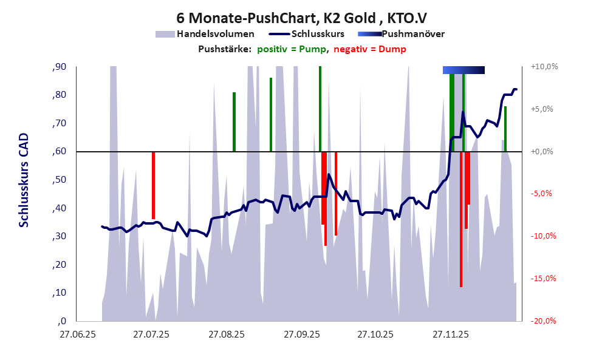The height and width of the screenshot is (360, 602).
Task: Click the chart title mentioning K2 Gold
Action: point(300,18)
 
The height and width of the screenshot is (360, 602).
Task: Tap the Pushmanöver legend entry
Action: point(412,34)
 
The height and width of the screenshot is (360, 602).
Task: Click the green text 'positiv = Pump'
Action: point(292,49)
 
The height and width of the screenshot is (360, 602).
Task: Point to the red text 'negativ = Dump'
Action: point(370,49)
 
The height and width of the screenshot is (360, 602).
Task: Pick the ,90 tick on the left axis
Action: point(59,67)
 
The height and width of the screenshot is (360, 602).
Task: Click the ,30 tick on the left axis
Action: point(59,237)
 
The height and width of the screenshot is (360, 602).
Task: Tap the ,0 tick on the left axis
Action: point(61,322)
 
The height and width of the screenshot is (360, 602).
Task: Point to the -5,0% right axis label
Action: point(544,194)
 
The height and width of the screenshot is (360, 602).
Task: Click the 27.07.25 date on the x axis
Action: point(152,335)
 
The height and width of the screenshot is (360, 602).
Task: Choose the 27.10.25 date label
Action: point(375,335)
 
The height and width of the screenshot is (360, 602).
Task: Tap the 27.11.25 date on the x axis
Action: point(450,335)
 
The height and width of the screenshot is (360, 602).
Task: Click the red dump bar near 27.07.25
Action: point(153,185)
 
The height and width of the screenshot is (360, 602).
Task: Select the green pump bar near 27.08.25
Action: point(234,121)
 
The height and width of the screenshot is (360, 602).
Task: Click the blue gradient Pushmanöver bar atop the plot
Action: point(463,70)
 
